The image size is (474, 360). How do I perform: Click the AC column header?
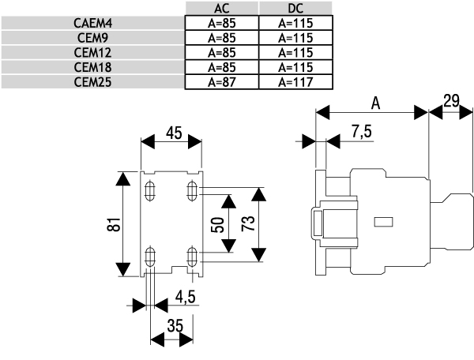click(x=221, y=9)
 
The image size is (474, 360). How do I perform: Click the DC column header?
click(x=295, y=9)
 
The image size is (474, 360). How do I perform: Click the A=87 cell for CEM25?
click(x=221, y=81)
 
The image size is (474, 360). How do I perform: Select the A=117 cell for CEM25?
click(x=295, y=81)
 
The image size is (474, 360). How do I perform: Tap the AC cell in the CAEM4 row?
click(x=221, y=24)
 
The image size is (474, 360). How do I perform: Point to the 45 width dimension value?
click(x=173, y=134)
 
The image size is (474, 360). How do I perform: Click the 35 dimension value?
click(x=174, y=325)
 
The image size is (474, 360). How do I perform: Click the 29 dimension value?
click(x=451, y=101)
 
